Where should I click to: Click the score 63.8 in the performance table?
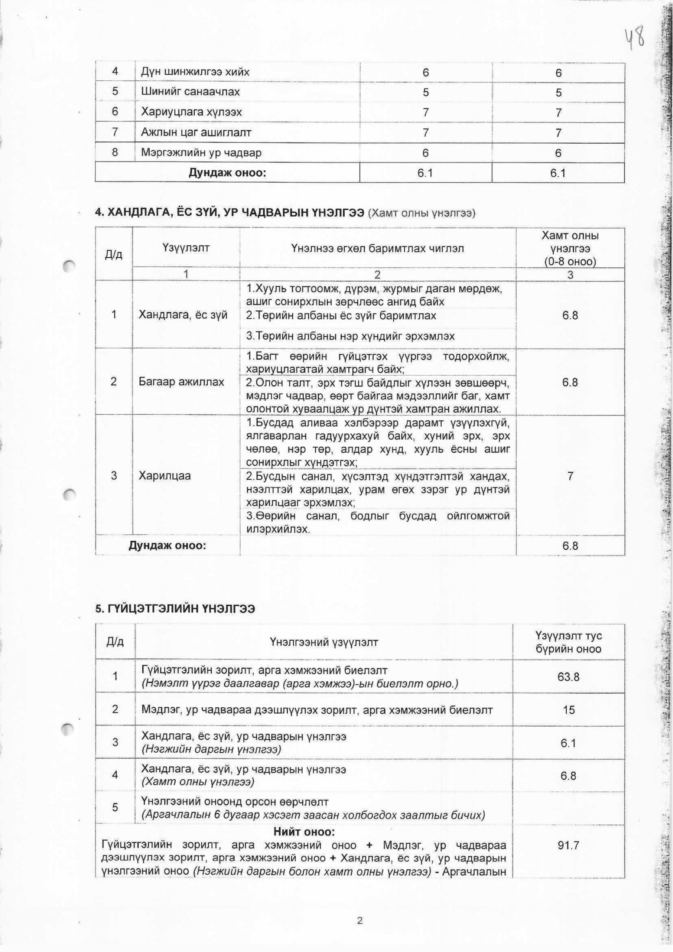569,677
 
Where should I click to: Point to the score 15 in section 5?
569,710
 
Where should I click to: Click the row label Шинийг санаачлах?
190,92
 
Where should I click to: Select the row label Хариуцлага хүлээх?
191,112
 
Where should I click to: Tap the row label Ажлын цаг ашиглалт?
196,132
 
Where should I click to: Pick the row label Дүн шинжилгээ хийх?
195,72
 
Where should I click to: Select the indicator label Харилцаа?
165,475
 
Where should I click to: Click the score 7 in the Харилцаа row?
570,476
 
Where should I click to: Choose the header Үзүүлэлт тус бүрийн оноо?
569,643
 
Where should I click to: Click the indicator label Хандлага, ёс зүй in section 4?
183,315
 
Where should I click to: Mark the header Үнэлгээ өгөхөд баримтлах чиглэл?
377,248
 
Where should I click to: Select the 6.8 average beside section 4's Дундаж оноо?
570,546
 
